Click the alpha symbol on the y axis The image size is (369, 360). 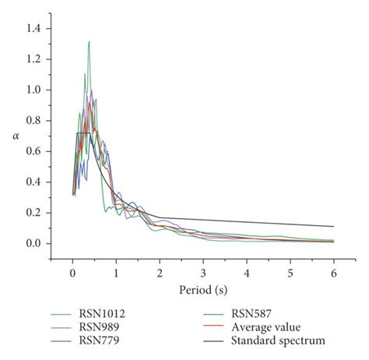click(x=16, y=136)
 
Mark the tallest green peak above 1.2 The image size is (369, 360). click(x=90, y=42)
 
